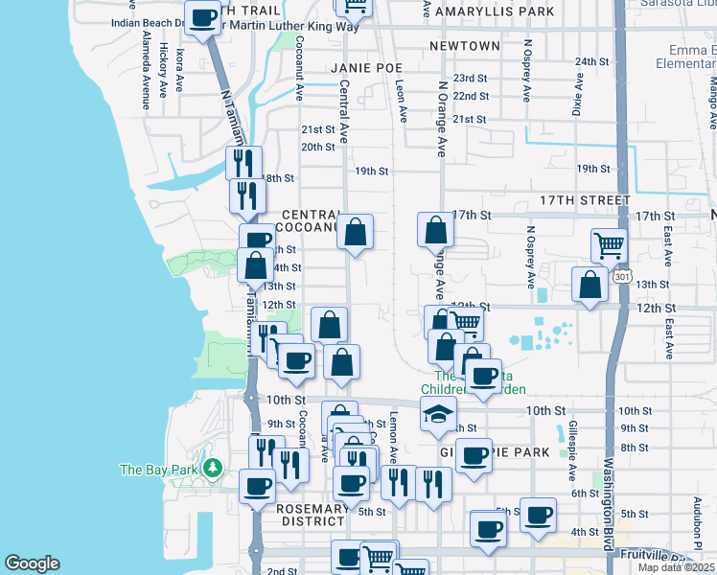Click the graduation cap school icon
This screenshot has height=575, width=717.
pos(438,414)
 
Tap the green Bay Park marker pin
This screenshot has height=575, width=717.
pos(213,469)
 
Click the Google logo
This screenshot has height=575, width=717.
pos(32,563)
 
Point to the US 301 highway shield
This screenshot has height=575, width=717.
pos(623,277)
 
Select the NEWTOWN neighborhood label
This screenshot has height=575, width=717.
pos(465,46)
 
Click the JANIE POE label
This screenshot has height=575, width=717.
pos(367,68)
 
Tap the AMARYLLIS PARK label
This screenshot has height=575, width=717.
pos(495,12)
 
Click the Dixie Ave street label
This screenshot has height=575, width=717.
pos(578,96)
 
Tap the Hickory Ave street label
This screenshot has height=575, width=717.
pos(164,60)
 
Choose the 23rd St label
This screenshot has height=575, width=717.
pos(471,79)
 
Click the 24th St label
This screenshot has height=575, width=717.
pos(592,61)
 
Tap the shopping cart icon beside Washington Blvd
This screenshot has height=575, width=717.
pos(609,245)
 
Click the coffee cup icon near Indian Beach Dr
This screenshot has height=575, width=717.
pos(202,17)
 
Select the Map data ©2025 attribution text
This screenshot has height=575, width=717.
pos(677,567)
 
